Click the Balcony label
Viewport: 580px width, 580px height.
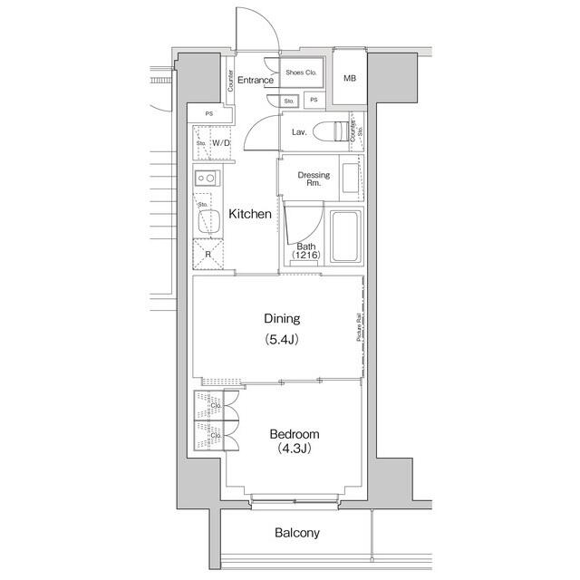(297, 533)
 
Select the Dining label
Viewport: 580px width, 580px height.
(281, 319)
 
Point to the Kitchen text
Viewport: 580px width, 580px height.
(249, 215)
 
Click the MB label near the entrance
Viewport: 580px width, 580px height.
(350, 79)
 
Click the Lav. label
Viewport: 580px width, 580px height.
(298, 132)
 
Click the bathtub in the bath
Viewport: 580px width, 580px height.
(344, 237)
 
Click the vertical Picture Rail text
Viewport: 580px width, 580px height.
(360, 329)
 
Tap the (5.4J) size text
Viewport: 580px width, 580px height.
(281, 340)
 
